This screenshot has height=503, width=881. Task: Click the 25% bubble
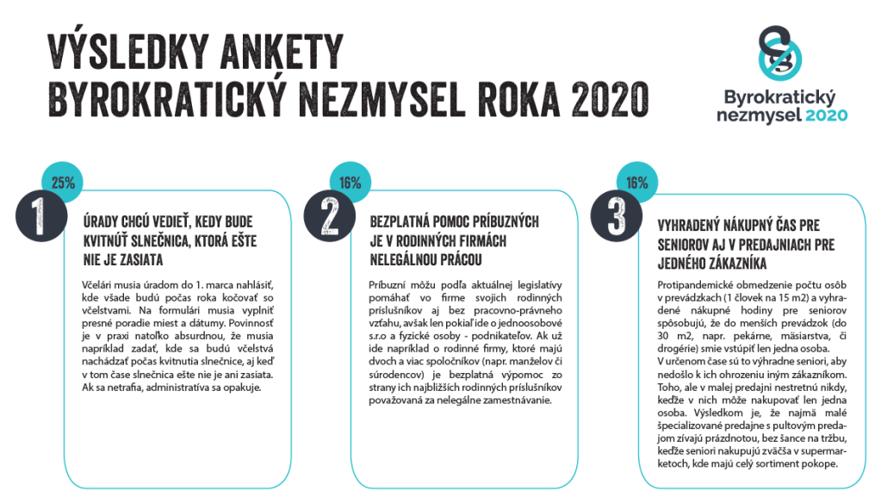tap(64, 183)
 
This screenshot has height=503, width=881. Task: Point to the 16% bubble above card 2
tap(350, 183)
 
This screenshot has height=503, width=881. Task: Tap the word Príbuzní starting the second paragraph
tap(390, 284)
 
